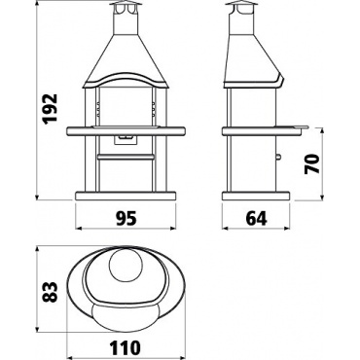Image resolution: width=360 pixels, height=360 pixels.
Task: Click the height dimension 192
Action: [51, 108]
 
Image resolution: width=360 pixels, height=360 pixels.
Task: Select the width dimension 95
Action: [126, 219]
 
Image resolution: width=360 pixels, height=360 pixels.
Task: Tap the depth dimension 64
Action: [256, 219]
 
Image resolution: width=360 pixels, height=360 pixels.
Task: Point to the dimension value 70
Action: [311, 163]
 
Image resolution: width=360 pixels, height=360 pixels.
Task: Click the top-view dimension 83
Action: [51, 292]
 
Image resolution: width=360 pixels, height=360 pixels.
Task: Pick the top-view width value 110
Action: [125, 347]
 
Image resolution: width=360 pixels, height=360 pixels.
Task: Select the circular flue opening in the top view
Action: [126, 265]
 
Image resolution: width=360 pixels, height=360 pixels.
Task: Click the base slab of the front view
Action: [126, 196]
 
